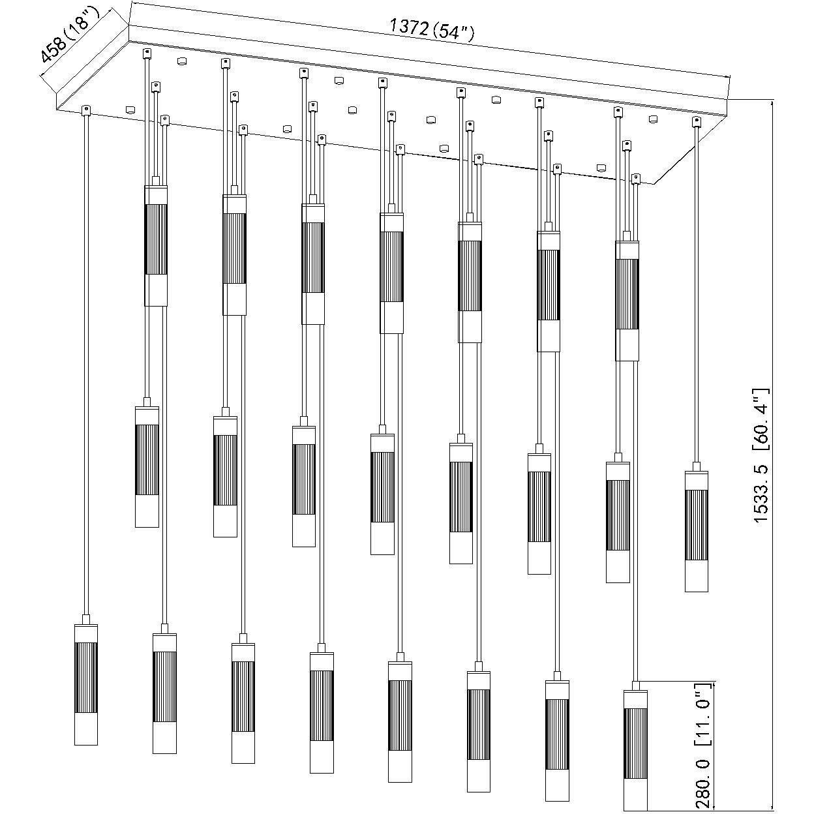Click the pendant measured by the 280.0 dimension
(635, 751)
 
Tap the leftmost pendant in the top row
(156, 246)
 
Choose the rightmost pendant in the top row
(627, 301)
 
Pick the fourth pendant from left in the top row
(391, 273)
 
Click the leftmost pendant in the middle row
(147, 467)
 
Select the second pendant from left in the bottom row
(165, 693)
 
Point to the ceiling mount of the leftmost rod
(86, 110)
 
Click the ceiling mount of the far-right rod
(696, 122)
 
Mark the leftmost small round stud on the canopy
(130, 110)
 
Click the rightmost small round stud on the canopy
(653, 119)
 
